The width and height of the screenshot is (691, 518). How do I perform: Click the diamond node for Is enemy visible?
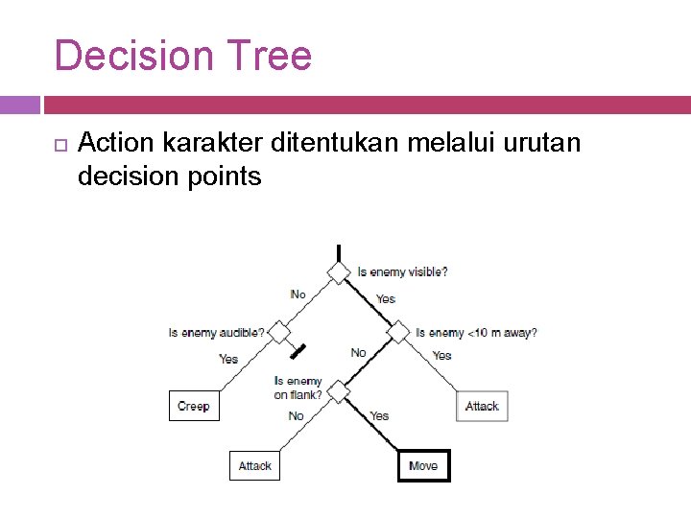339,272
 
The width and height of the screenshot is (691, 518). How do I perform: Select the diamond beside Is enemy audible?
279,332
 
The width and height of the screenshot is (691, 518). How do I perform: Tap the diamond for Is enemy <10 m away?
398,333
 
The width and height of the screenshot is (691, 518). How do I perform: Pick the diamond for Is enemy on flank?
339,391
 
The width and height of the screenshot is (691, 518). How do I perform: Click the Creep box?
193,406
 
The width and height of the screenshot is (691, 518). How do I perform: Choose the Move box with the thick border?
423,466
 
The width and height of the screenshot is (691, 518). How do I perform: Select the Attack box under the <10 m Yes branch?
482,406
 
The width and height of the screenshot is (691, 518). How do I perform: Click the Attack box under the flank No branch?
254,466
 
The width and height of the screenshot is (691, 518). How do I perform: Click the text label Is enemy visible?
402,271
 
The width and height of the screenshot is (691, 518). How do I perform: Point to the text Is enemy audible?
216,333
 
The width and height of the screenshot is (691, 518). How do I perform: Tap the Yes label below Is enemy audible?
228,359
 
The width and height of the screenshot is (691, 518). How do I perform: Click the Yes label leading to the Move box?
379,415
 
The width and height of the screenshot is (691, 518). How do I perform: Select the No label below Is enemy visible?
298,294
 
